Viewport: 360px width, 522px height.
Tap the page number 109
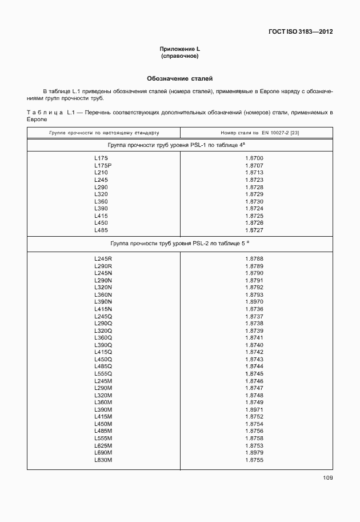click(x=327, y=477)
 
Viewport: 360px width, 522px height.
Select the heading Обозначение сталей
click(x=180, y=78)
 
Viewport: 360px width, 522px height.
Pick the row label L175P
click(x=103, y=165)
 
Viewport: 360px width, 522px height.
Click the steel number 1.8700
click(x=254, y=158)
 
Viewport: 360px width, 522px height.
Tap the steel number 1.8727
click(x=254, y=230)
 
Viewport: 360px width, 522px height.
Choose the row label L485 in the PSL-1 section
click(x=101, y=230)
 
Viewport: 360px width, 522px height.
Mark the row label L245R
click(x=103, y=259)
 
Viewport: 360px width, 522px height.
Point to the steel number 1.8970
click(x=254, y=302)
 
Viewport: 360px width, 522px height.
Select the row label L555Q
click(x=103, y=374)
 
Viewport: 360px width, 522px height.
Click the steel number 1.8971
click(x=254, y=410)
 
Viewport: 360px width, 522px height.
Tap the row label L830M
click(x=103, y=460)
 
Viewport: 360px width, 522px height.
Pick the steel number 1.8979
click(x=254, y=453)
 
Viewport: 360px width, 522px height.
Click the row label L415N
click(x=103, y=309)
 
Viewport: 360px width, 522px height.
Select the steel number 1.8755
click(x=254, y=460)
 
